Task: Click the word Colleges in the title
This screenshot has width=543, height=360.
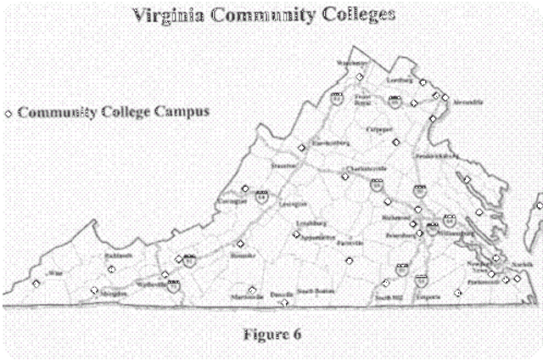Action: [362, 15]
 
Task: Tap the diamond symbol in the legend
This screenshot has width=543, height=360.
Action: [9, 112]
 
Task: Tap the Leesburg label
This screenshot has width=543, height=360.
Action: [399, 80]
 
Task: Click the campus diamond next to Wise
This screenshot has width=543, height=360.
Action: [35, 284]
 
